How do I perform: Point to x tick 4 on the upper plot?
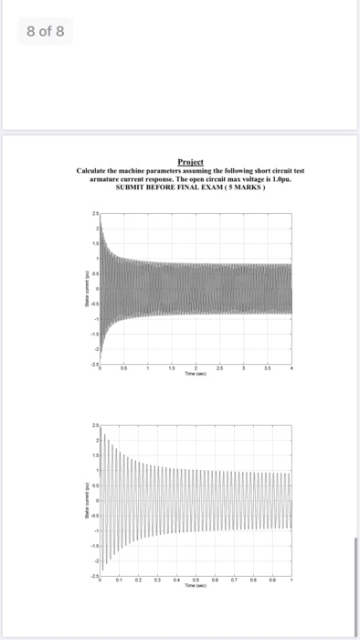[291, 369]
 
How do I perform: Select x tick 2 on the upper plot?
[196, 369]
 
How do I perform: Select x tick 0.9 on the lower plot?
[272, 581]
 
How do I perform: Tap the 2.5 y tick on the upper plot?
[93, 213]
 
